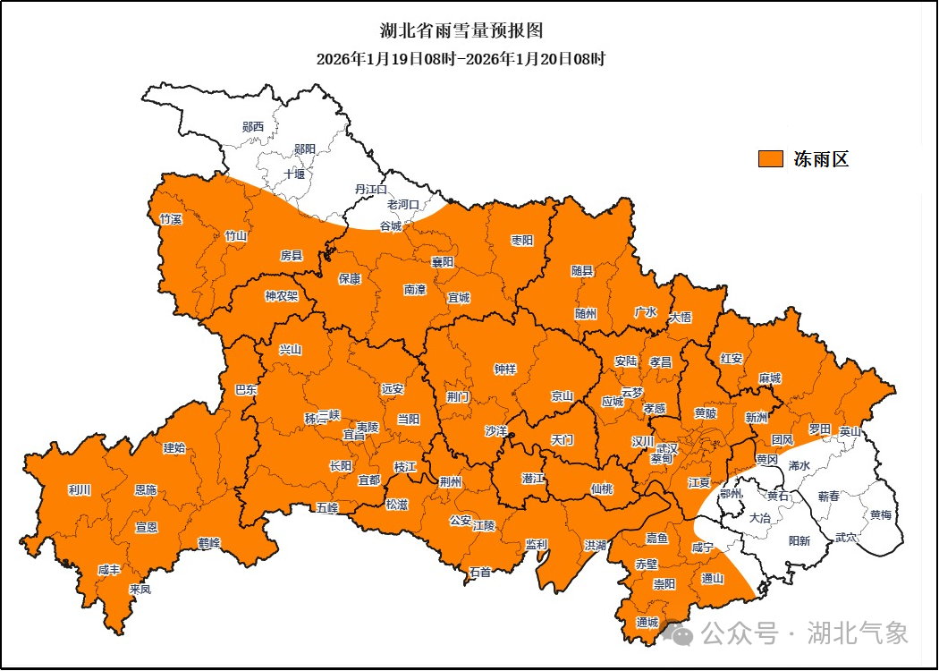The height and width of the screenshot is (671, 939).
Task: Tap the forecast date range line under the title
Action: (461, 60)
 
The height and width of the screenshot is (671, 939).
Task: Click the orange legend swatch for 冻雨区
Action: (771, 159)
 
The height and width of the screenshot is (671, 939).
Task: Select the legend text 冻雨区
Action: (821, 159)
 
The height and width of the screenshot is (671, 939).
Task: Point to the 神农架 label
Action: (281, 296)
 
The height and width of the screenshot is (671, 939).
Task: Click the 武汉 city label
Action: (667, 447)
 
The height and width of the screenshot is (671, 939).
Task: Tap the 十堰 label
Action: (294, 174)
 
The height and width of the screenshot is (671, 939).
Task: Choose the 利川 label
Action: (80, 490)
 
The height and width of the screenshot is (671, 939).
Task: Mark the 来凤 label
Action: (140, 590)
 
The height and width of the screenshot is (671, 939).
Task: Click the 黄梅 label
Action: (881, 515)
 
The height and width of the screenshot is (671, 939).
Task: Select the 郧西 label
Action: (253, 127)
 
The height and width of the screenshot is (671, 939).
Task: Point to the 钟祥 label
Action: (505, 369)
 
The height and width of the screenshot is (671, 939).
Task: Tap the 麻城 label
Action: (769, 378)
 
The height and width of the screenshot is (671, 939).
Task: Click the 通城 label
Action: (647, 622)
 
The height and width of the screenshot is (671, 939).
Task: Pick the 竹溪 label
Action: (171, 219)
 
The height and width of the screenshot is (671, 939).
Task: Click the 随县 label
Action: (582, 269)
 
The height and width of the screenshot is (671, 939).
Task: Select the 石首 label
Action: (480, 572)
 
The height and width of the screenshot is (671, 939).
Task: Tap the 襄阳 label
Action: (443, 262)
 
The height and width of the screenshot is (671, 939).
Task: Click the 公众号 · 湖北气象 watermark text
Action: (804, 633)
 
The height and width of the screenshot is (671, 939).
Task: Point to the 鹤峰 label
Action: (209, 542)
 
